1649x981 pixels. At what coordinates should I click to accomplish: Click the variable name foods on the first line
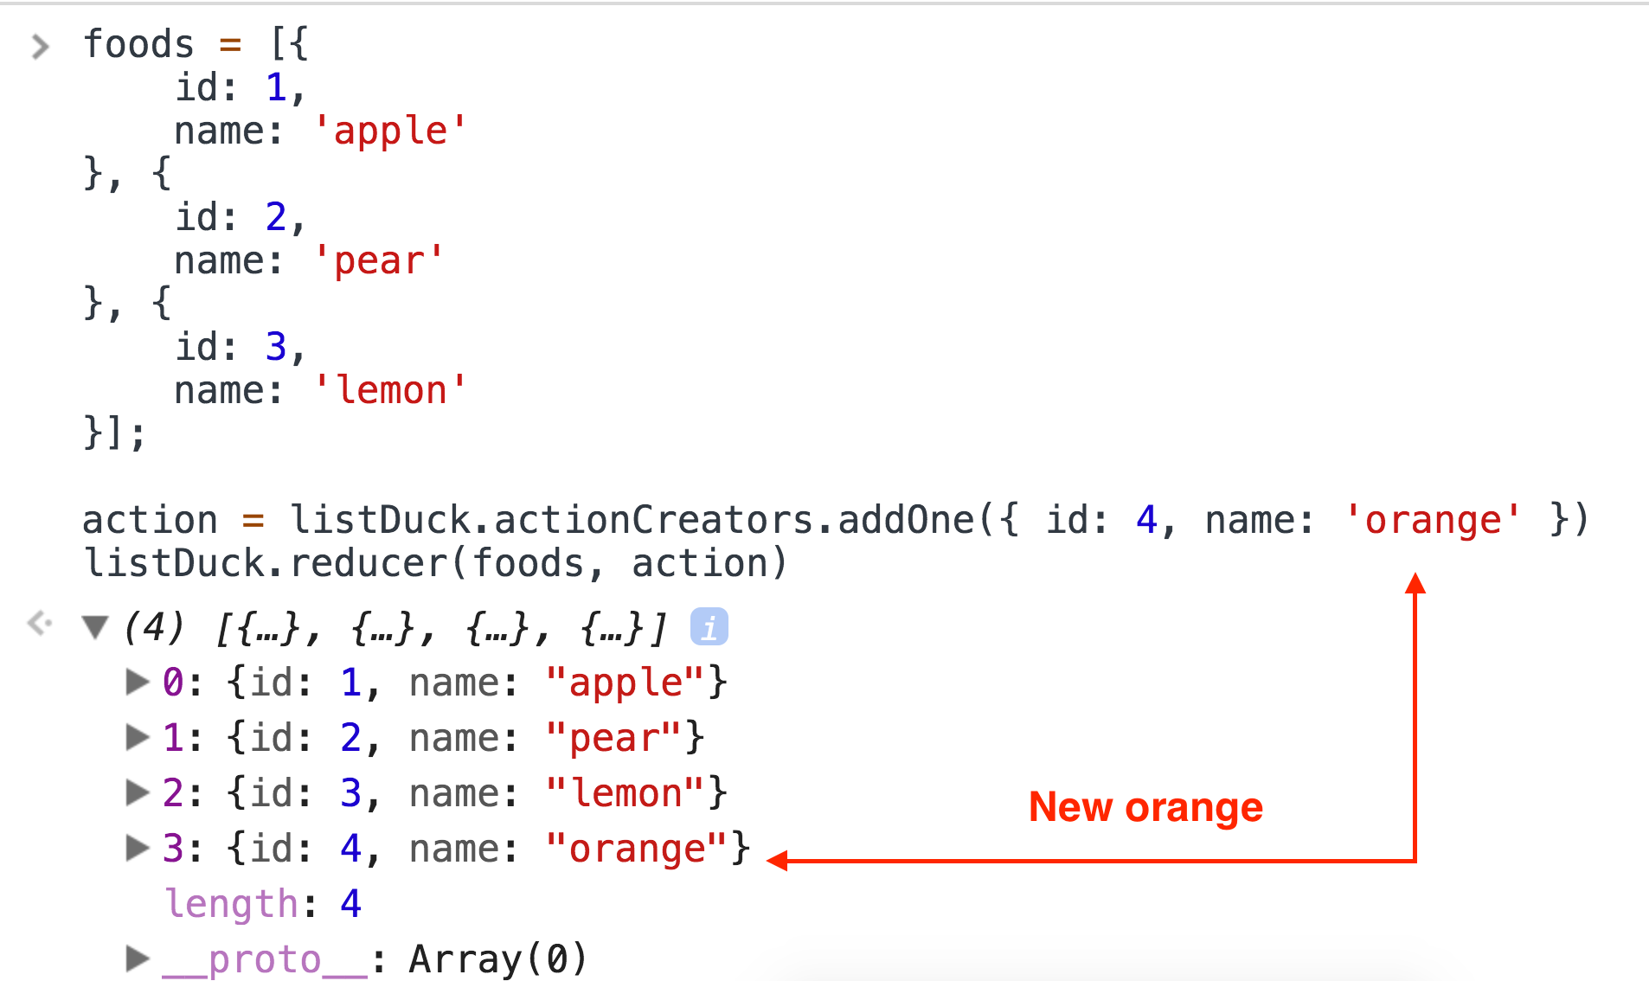click(x=138, y=44)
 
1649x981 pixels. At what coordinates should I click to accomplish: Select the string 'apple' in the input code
click(x=390, y=131)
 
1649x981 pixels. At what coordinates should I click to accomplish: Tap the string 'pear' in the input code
click(x=379, y=260)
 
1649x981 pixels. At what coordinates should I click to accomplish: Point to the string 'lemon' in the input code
click(x=390, y=390)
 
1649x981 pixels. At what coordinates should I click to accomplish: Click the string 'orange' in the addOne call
click(x=1433, y=520)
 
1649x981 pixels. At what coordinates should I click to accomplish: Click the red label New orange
click(x=1145, y=807)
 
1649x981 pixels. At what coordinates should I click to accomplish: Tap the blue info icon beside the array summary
click(x=709, y=627)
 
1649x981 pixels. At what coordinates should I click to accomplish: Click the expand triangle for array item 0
click(x=137, y=682)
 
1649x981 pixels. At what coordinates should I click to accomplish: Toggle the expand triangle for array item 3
click(x=137, y=848)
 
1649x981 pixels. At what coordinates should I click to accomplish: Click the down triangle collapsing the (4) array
click(x=95, y=626)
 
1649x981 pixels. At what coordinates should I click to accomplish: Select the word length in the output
click(x=231, y=904)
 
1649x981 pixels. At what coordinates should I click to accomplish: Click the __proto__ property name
click(x=265, y=959)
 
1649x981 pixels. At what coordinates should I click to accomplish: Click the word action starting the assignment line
click(x=150, y=520)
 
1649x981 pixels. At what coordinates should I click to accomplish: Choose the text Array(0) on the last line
click(x=498, y=959)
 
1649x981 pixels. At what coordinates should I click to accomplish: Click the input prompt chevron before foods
click(x=40, y=46)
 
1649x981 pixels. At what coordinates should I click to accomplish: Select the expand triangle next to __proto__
click(x=137, y=959)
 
